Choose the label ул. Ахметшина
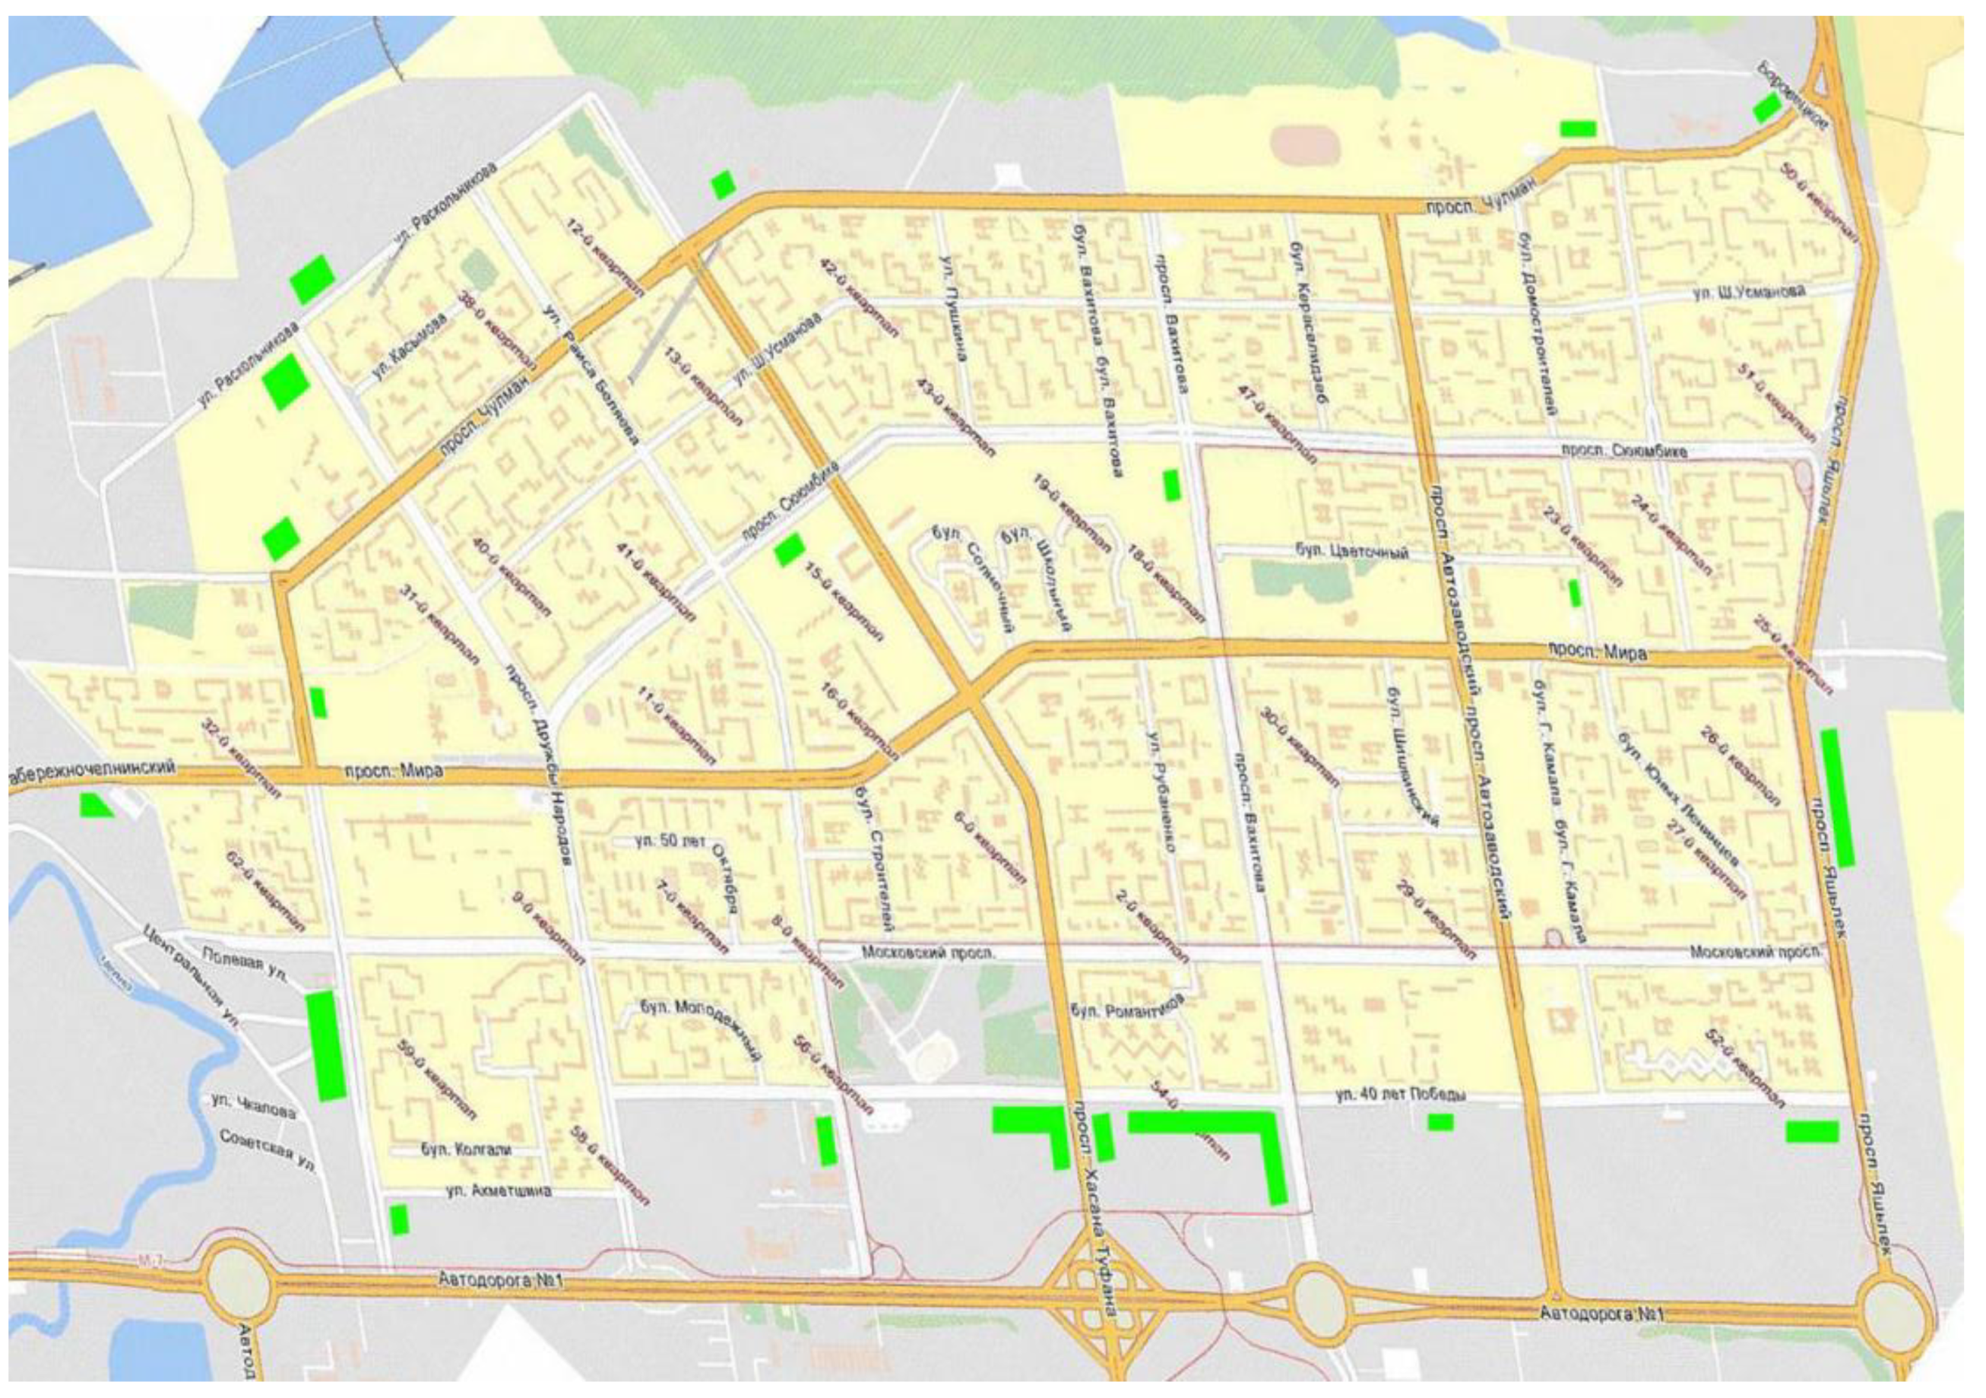(499, 1191)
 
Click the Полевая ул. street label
(245, 962)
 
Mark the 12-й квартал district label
(606, 258)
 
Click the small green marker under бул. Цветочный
(1574, 593)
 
